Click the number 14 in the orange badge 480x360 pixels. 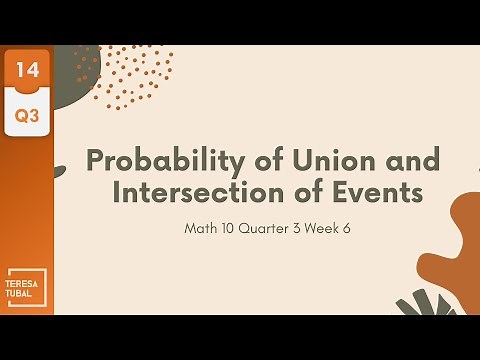click(26, 72)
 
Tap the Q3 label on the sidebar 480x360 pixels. click(26, 116)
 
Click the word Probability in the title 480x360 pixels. click(155, 160)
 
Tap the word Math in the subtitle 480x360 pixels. click(200, 228)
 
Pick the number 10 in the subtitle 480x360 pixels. click(229, 228)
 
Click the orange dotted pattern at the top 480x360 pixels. click(140, 75)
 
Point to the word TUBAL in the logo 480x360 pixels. click(23, 292)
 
